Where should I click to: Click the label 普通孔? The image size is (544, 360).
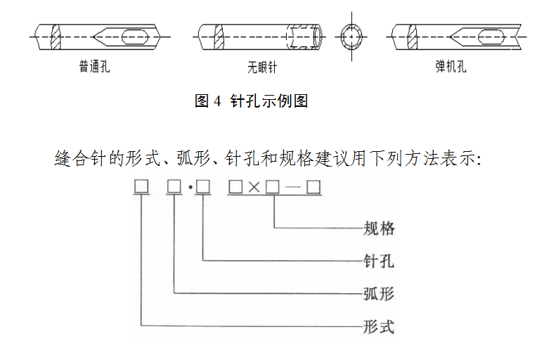coord(94,67)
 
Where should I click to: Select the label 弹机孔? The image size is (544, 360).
coord(451,67)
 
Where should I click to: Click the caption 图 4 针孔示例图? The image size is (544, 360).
coord(251,101)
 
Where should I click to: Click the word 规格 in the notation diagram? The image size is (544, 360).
coord(378,228)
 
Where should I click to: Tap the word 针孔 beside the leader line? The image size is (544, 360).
coord(378,261)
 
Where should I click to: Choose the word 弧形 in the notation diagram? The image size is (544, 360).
coord(378,294)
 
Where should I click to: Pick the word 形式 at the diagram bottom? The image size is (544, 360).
coord(378,327)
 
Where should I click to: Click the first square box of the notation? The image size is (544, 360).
coord(141,187)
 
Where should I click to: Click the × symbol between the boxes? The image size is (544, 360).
coord(254,188)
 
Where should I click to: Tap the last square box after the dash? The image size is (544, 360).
coord(313,187)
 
